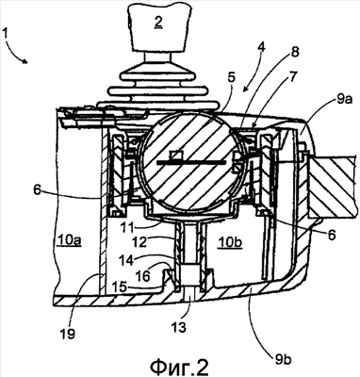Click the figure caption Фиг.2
(x=179, y=366)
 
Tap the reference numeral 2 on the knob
(x=159, y=22)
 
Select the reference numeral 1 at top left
(x=7, y=33)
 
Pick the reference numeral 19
(x=68, y=334)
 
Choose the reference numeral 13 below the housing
(x=179, y=327)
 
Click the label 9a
(x=344, y=100)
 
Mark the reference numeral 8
(x=295, y=52)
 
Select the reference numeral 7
(x=292, y=77)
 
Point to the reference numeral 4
(x=262, y=48)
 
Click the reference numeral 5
(x=231, y=77)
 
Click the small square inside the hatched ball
(x=175, y=156)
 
